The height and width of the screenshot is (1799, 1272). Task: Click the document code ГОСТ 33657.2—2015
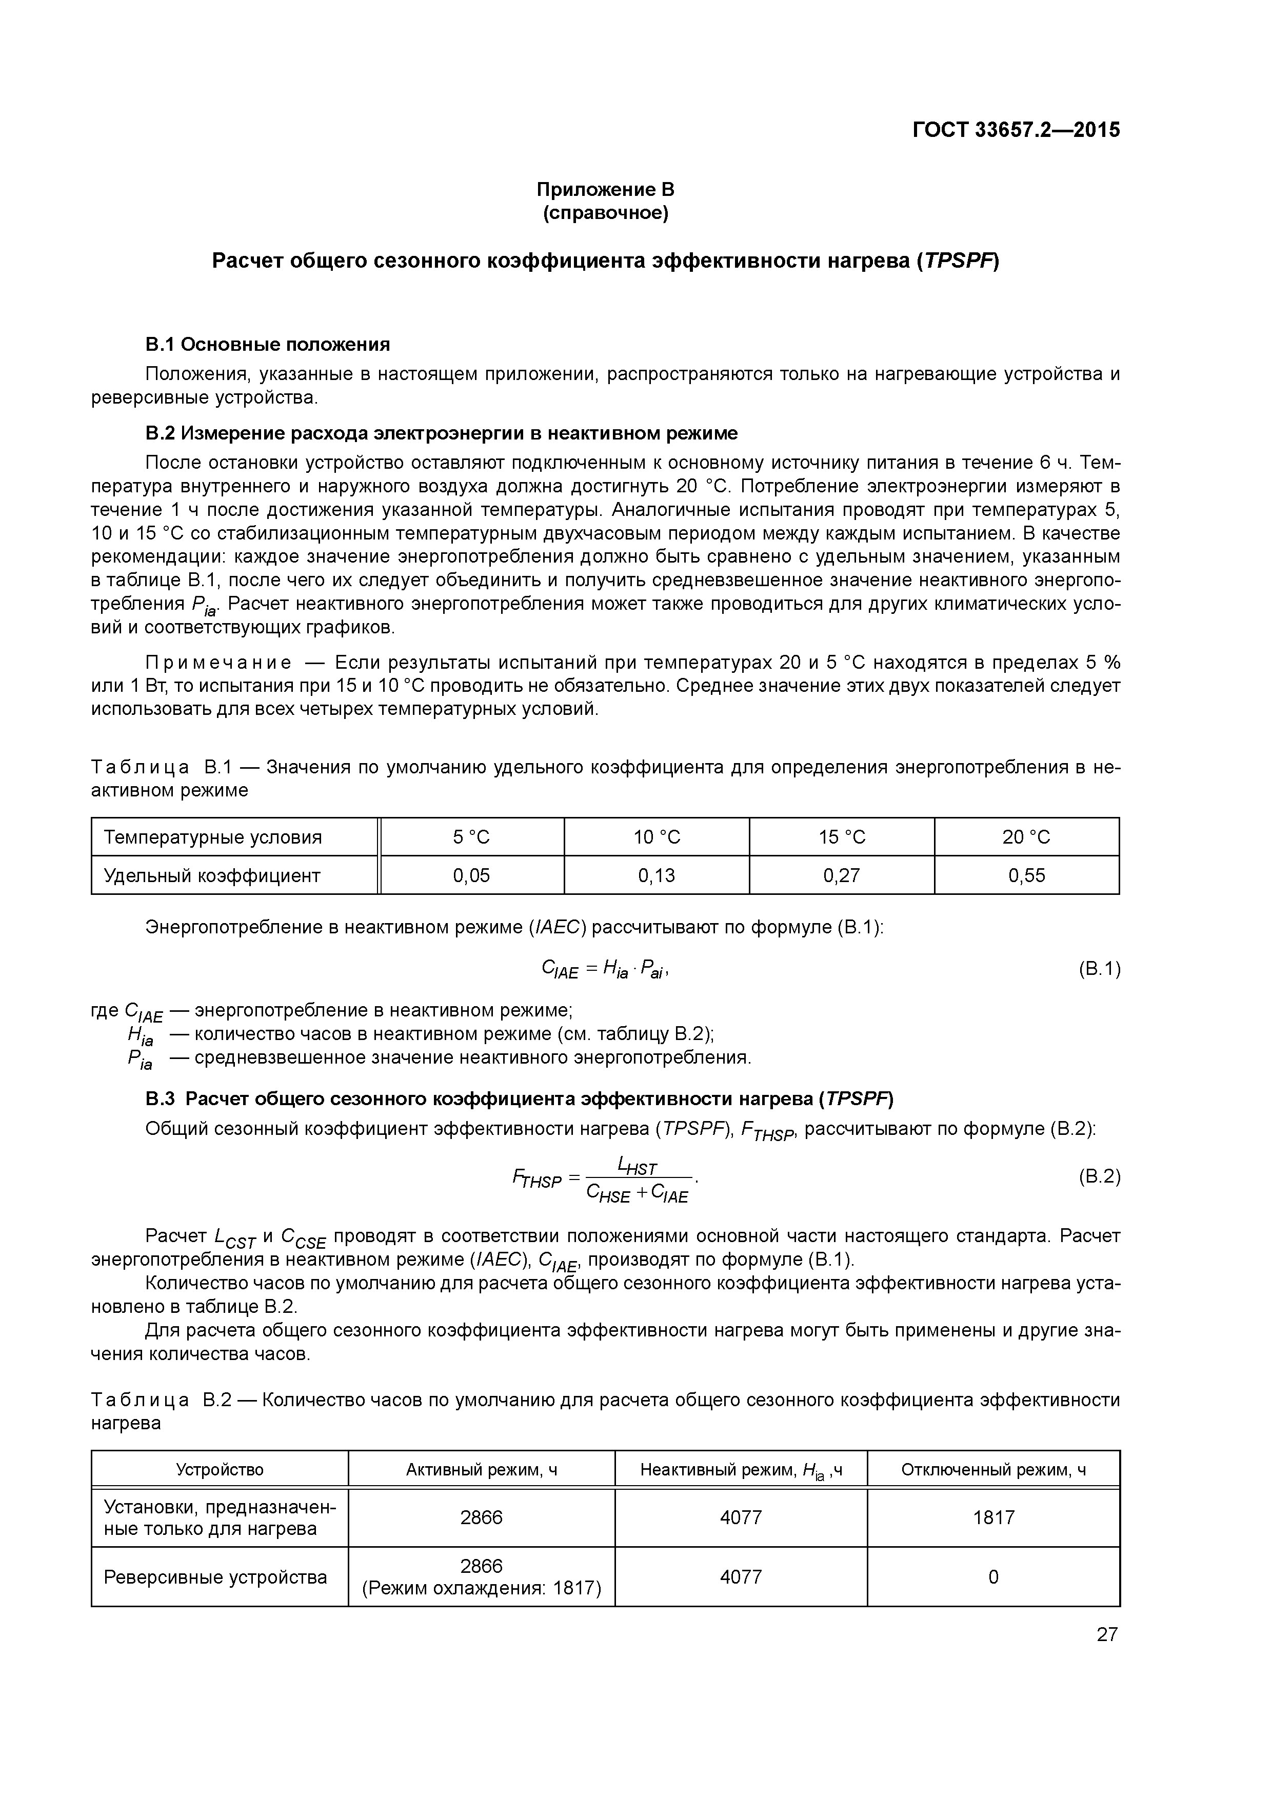1016,130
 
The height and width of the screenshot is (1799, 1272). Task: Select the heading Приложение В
605,190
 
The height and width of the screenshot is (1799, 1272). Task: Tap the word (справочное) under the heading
605,213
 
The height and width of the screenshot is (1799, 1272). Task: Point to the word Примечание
218,663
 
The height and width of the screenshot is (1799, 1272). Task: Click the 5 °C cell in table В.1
471,837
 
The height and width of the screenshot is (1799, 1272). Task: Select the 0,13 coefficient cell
656,875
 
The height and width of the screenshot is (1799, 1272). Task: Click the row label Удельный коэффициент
212,875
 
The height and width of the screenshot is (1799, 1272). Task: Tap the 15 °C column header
842,837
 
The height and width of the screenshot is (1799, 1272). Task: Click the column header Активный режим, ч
481,1470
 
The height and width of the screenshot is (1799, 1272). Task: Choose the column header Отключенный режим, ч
993,1470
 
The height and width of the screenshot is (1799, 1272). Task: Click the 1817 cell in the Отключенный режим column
993,1517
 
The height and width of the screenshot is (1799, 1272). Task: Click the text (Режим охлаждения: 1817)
481,1588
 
